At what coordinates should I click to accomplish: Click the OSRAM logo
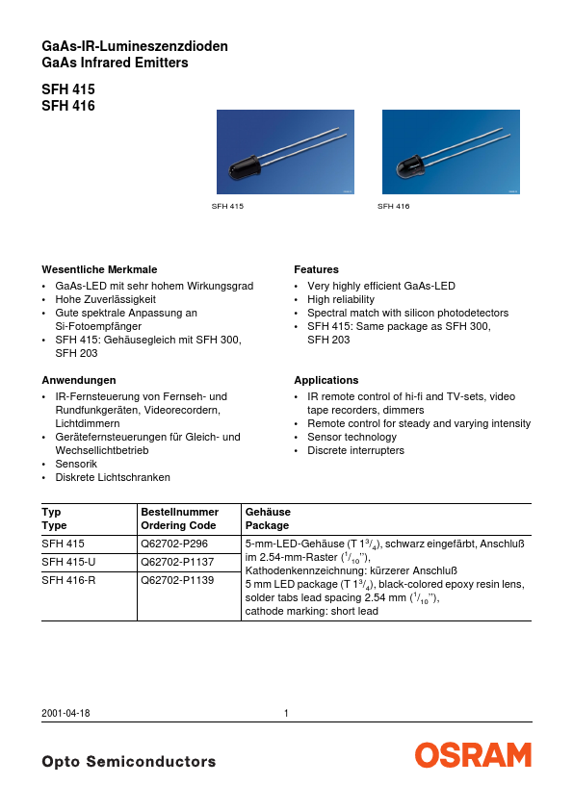473,755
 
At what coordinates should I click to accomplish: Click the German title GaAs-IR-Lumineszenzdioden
135,46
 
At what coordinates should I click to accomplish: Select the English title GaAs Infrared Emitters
115,63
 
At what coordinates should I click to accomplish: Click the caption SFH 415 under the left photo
228,206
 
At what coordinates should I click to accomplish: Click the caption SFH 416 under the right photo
394,206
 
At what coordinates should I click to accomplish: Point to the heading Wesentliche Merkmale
99,269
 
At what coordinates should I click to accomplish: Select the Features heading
316,269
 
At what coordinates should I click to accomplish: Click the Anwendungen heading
79,380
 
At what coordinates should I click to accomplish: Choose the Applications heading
326,380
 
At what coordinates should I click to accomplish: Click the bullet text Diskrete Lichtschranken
113,477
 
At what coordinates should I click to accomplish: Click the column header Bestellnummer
179,512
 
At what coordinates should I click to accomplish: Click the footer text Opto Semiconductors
129,762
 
